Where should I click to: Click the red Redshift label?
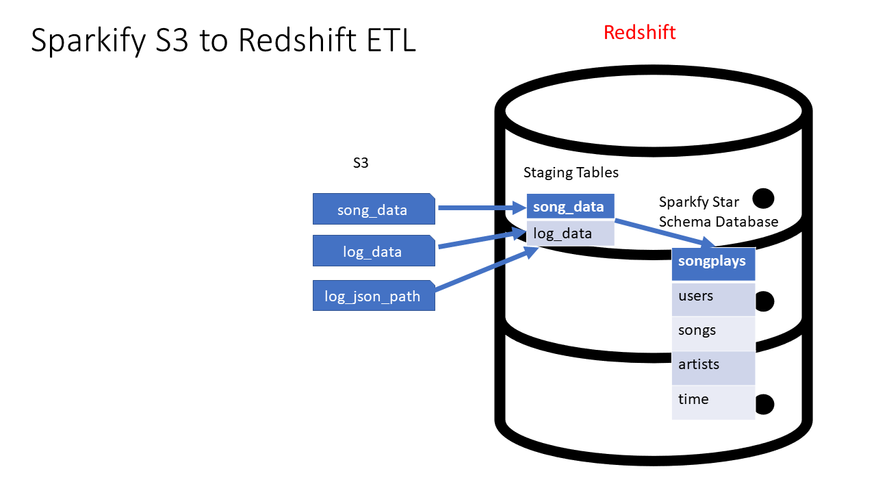[639, 32]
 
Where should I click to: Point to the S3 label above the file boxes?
[361, 164]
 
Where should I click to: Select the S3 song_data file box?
[373, 210]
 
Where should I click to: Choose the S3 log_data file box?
[373, 251]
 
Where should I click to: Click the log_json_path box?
[373, 296]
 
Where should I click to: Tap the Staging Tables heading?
[571, 173]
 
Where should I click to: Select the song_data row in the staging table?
[570, 207]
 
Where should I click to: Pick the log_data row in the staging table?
[570, 233]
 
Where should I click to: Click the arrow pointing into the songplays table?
[664, 233]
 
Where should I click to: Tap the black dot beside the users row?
[763, 301]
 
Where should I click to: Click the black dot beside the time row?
[763, 404]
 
